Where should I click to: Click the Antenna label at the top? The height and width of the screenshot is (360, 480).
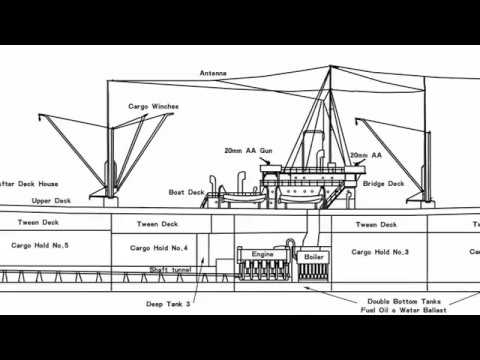pyautogui.click(x=213, y=73)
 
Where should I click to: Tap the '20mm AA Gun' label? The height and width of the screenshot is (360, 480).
pyautogui.click(x=249, y=152)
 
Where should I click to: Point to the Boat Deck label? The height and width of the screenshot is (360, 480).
pyautogui.click(x=186, y=191)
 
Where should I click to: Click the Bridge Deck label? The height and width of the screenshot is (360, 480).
pyautogui.click(x=383, y=184)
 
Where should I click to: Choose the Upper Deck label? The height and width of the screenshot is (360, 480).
pyautogui.click(x=49, y=200)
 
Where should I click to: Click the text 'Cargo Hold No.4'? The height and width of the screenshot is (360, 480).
pyautogui.click(x=159, y=246)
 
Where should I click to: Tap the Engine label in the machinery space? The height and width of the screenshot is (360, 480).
pyautogui.click(x=261, y=254)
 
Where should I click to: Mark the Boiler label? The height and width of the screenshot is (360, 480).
pyautogui.click(x=310, y=257)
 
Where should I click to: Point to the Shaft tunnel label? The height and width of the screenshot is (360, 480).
pyautogui.click(x=171, y=268)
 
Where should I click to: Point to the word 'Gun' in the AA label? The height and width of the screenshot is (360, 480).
pyautogui.click(x=266, y=152)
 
